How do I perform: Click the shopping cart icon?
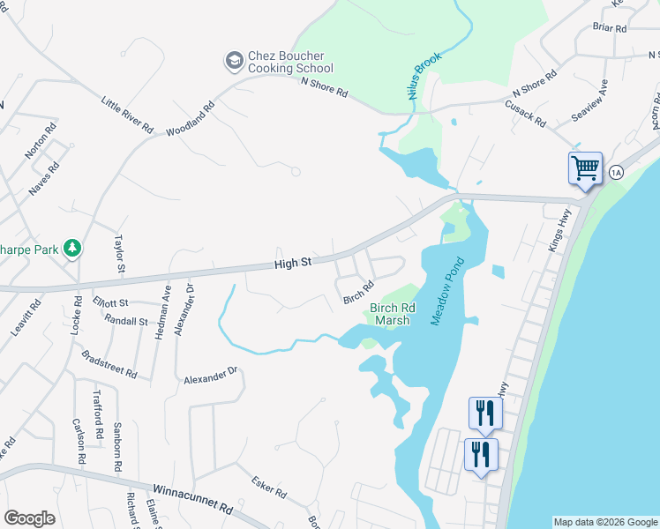click(585, 168)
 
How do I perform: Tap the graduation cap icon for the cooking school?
click(234, 60)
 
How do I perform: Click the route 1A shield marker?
click(616, 173)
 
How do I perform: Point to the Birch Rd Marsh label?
click(389, 314)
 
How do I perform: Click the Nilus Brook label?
click(424, 76)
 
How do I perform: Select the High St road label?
click(293, 263)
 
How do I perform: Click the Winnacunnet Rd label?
click(191, 499)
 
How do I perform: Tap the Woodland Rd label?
click(191, 120)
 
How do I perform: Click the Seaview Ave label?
click(590, 101)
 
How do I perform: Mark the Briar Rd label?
click(609, 28)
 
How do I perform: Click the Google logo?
click(30, 518)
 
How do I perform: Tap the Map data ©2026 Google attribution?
click(605, 522)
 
